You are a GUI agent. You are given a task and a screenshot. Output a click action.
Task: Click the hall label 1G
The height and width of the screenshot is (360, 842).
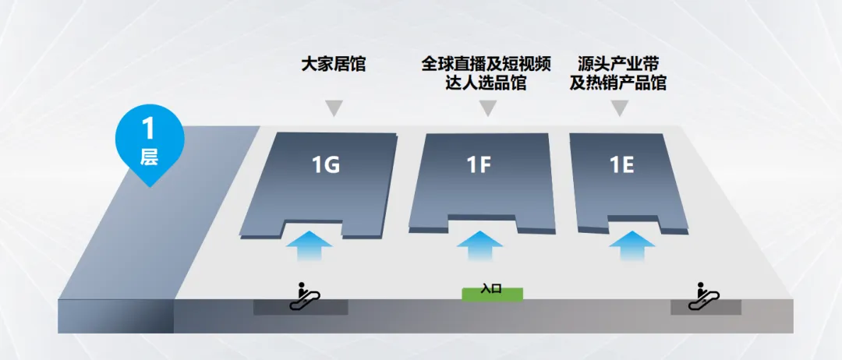point(326,165)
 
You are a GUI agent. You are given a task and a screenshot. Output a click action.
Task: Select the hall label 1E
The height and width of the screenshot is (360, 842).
point(622,165)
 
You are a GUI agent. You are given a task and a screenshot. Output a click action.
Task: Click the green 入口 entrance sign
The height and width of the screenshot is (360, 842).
point(492,293)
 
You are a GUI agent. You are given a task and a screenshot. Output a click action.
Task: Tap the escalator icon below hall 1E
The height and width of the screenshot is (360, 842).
point(703,296)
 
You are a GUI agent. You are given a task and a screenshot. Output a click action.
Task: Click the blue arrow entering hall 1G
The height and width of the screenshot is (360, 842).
point(309,248)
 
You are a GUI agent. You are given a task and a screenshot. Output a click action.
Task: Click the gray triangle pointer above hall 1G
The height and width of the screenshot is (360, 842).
point(334,108)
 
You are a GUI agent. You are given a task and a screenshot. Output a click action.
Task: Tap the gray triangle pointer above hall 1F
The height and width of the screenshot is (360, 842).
point(487,108)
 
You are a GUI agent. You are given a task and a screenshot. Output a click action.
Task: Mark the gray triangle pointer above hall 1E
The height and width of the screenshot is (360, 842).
point(620,108)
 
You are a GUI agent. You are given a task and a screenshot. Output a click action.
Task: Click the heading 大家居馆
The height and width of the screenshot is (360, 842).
point(334,65)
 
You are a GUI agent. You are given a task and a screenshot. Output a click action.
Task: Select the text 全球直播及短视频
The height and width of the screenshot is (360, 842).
point(487,63)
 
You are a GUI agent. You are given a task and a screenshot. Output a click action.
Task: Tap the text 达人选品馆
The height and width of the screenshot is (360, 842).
point(487,83)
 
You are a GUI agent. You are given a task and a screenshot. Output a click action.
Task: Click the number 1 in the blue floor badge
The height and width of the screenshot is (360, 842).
point(149,129)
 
